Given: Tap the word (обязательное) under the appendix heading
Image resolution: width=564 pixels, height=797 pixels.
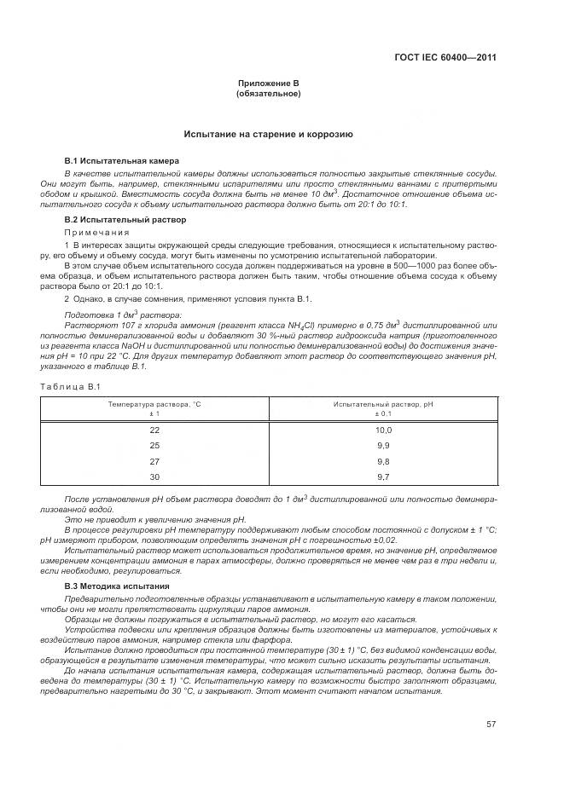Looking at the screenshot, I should (268, 93).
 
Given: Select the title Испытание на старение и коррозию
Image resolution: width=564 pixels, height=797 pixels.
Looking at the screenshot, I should (268, 135).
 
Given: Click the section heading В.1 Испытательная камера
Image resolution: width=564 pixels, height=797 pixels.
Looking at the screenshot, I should (110, 160).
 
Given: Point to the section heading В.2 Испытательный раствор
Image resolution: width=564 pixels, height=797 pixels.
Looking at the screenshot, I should (113, 220).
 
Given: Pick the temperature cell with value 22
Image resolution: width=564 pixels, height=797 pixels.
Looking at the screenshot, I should (154, 430).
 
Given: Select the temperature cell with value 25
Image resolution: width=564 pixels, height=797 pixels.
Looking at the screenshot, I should (154, 446).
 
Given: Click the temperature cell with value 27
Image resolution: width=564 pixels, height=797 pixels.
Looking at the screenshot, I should (154, 461).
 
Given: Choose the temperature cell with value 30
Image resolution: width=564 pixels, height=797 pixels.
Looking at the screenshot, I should (154, 476).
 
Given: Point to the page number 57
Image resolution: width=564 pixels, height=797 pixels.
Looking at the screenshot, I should (491, 724).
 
